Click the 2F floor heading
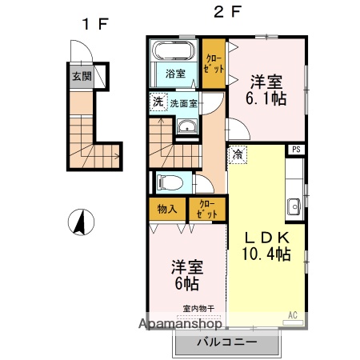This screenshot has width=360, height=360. tap(226, 13)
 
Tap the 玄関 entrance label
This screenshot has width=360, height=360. tap(81, 78)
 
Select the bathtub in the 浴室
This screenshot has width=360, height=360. tap(173, 53)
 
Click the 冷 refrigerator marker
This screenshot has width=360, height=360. tap(238, 155)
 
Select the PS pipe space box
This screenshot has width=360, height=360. tap(296, 149)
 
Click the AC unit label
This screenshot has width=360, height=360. tap(292, 314)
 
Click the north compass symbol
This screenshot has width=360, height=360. tap(82, 221)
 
